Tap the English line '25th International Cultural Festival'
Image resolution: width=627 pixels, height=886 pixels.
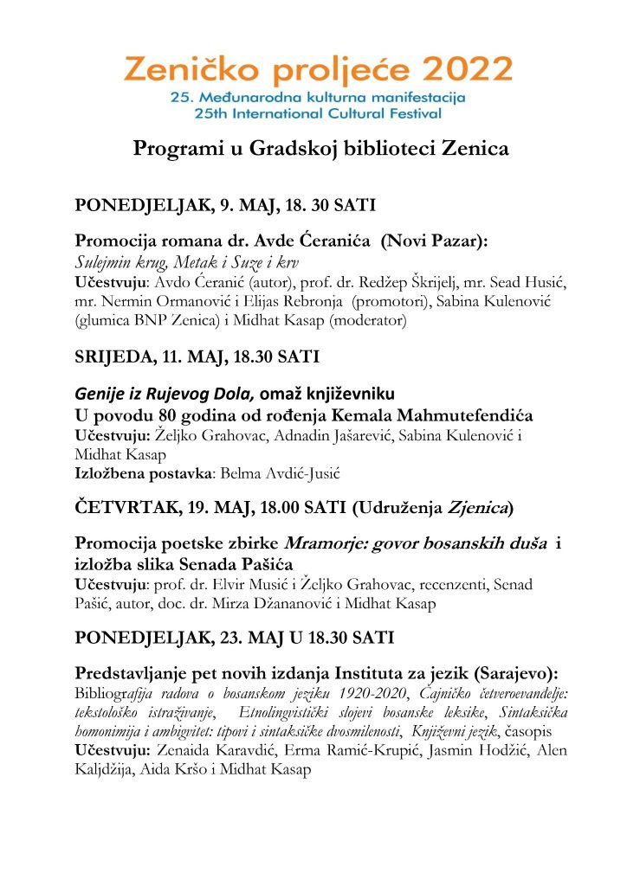coord(319,113)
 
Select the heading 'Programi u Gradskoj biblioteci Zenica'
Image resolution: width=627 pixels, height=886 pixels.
coord(320,149)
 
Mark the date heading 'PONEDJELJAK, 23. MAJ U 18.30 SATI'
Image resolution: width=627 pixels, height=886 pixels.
coord(235,639)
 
